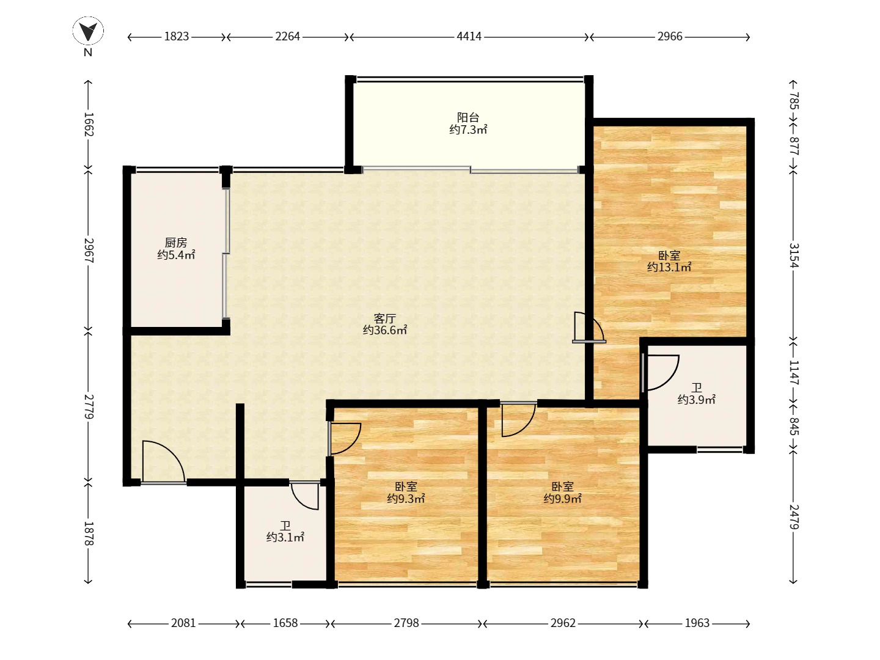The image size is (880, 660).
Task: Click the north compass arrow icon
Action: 88,31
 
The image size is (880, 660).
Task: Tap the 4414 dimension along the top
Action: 469,37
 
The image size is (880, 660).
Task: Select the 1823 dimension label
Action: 177,37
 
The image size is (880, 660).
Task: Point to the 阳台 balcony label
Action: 468,117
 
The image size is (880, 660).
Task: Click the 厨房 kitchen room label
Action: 176,243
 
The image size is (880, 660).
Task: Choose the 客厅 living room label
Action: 385,318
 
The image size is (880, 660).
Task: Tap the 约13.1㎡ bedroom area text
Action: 669,267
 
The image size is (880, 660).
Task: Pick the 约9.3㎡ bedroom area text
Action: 406,499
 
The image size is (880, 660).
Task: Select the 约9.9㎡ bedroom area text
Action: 562,499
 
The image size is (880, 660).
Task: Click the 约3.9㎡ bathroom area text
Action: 697,400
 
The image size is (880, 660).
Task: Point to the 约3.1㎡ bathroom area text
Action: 285,537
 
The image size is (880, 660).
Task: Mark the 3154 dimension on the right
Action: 794,255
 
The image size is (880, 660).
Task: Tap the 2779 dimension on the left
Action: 89,407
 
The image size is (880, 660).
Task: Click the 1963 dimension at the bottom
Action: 697,623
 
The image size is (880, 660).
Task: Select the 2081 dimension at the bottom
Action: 183,623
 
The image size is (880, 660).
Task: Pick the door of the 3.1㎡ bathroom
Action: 306,496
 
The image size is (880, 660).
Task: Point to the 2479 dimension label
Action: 794,517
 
